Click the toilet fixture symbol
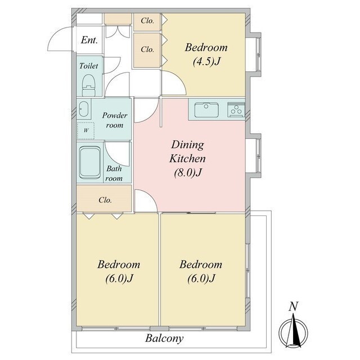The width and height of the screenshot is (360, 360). (89, 85)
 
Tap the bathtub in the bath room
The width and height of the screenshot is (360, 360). (90, 163)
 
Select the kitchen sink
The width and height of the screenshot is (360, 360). (206, 110)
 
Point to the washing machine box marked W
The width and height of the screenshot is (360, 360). (85, 130)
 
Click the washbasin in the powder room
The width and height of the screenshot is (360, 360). (83, 109)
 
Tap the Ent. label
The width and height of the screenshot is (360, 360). (89, 40)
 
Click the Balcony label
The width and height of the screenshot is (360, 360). (164, 339)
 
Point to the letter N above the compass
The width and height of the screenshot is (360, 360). (294, 307)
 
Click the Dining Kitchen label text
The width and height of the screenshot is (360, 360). (187, 151)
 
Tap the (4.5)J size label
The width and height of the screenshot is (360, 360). (206, 61)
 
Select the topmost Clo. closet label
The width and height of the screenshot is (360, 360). (147, 21)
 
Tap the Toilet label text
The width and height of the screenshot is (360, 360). (89, 66)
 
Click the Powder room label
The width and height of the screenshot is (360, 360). (115, 120)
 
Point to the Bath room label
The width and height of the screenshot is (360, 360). (114, 173)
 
